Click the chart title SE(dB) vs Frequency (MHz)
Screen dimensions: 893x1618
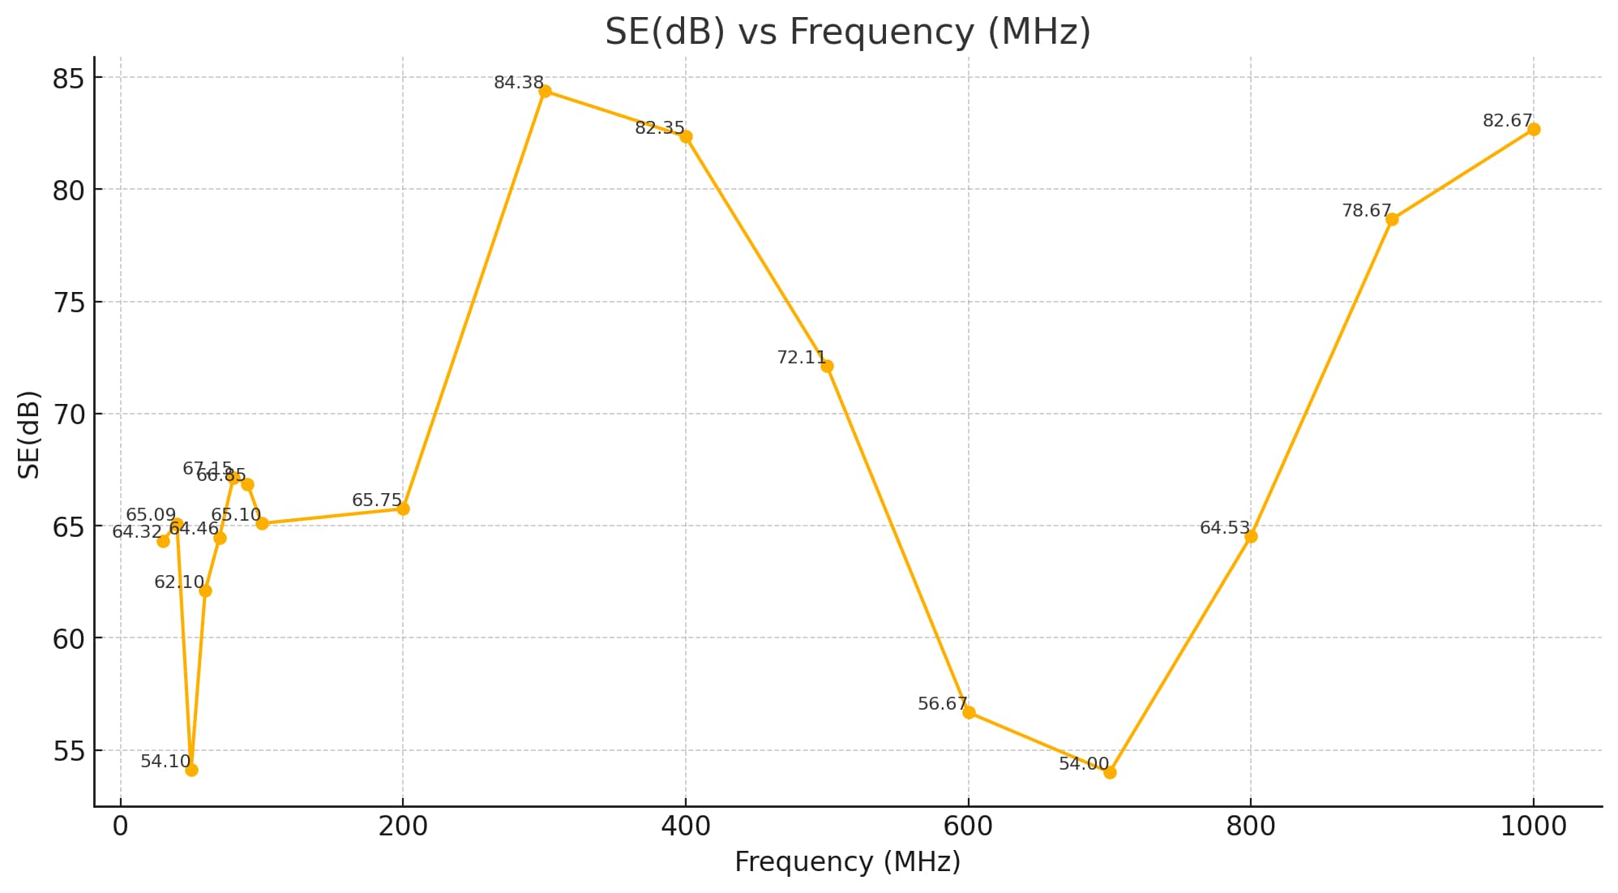[847, 32]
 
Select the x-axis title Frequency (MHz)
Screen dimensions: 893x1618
[847, 861]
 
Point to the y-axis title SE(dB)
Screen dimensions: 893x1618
[29, 434]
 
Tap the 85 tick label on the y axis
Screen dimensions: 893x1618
[68, 79]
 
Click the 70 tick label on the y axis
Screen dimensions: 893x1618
[68, 415]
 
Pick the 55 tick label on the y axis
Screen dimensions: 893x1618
[68, 752]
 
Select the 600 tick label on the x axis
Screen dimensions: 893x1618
[968, 826]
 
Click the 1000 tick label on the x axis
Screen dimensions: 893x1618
[1533, 826]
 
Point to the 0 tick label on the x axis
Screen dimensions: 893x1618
[121, 826]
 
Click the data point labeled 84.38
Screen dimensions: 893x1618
[545, 91]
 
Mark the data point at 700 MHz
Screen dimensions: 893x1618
[1110, 772]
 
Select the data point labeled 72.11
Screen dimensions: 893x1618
[827, 366]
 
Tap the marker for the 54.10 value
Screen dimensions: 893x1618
[191, 770]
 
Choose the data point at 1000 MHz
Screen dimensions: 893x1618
[1534, 129]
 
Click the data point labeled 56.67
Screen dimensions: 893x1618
[969, 712]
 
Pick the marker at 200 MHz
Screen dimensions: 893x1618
[403, 509]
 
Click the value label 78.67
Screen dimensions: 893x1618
[1366, 211]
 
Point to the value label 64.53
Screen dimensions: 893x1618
[1224, 528]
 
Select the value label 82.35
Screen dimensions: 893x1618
[659, 128]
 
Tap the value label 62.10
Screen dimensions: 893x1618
[178, 582]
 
